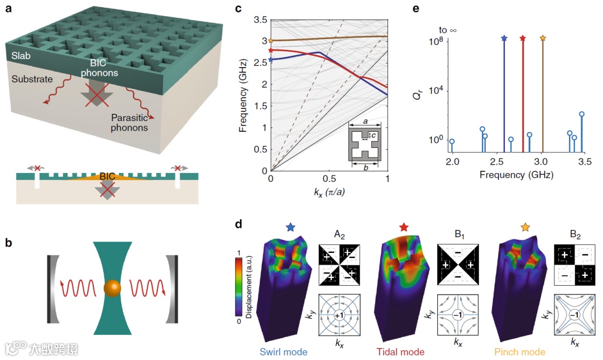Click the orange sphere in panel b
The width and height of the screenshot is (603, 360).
112,288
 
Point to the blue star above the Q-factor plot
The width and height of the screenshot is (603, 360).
504,39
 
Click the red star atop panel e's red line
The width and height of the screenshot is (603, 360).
523,39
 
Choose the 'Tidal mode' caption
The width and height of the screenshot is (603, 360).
401,352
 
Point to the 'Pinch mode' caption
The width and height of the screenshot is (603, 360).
519,352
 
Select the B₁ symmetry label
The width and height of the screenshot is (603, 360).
458,234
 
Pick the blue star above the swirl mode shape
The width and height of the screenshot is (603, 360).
290,228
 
